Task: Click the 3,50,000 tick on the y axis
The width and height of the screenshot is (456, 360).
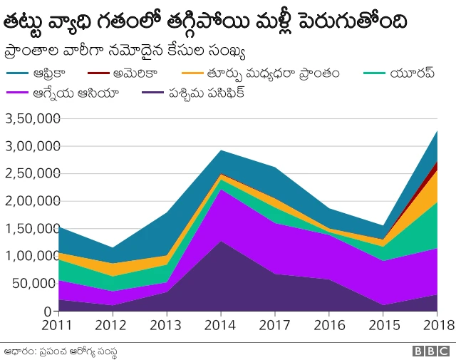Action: pyautogui.click(x=28, y=119)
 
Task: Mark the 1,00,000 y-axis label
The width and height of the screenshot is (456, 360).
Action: pyautogui.click(x=28, y=256)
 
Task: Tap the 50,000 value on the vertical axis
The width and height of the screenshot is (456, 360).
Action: pyautogui.click(x=31, y=284)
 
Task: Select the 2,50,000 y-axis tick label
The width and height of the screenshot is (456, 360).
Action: pyautogui.click(x=28, y=174)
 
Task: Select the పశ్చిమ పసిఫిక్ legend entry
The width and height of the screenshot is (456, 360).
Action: pyautogui.click(x=207, y=92)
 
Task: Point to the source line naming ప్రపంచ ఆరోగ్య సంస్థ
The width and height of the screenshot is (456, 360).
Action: pyautogui.click(x=60, y=350)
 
